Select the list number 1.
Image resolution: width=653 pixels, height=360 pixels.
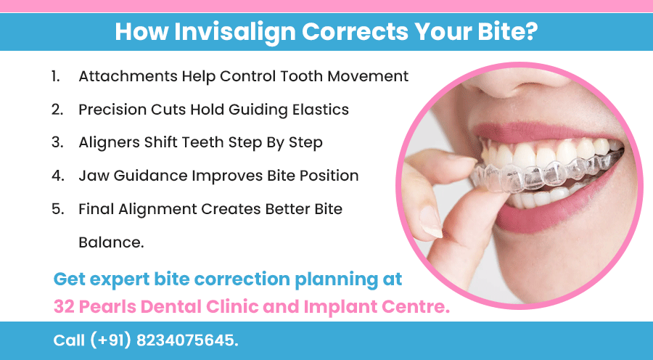tap(56, 75)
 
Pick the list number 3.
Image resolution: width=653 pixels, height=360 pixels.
tap(57, 142)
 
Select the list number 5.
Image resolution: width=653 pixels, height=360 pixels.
tap(57, 209)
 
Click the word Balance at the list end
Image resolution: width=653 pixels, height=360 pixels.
tap(110, 242)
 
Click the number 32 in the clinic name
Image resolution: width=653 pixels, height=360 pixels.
tap(65, 306)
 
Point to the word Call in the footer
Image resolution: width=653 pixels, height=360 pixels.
tap(69, 340)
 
